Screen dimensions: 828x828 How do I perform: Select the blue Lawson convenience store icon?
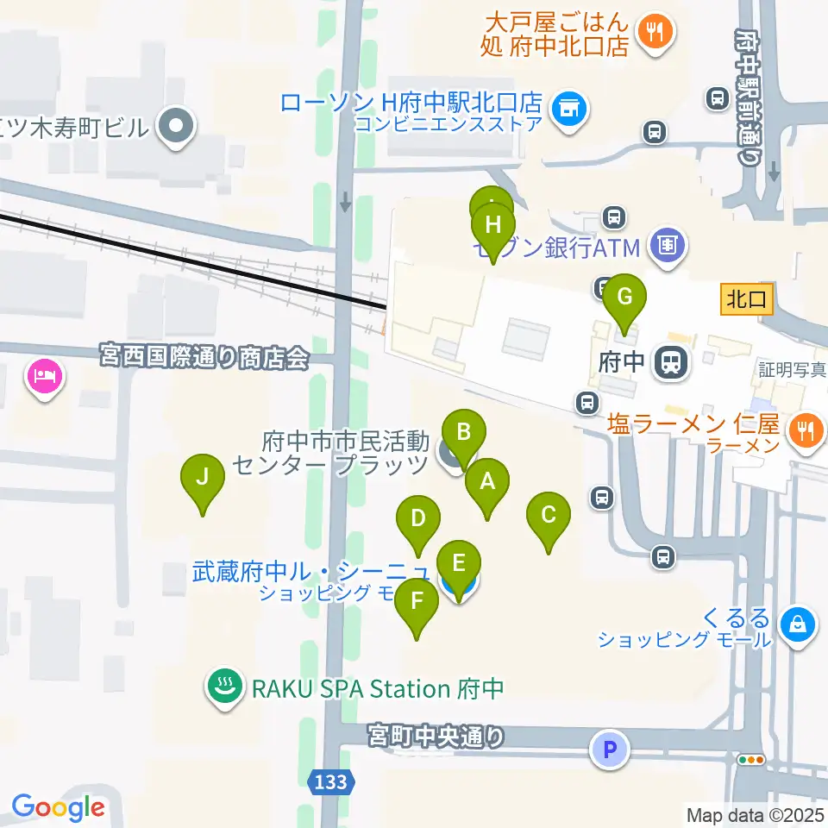[x=568, y=109]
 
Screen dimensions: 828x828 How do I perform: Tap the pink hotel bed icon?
[x=45, y=375]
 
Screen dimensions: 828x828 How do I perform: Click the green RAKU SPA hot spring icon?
[x=226, y=688]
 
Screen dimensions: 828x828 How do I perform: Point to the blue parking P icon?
[x=610, y=749]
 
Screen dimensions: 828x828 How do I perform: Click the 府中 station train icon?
[x=670, y=362]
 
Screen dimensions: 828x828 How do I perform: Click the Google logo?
[x=58, y=807]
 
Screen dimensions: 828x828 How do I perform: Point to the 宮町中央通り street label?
[x=436, y=737]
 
